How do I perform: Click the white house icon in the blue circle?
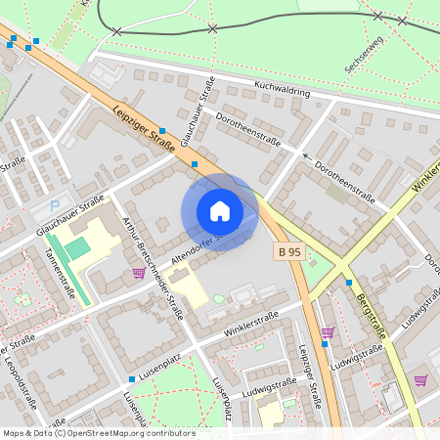tap(219, 211)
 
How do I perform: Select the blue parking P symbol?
tap(55, 206)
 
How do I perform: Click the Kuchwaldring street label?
tap(282, 91)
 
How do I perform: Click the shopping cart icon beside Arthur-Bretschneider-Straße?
tap(139, 273)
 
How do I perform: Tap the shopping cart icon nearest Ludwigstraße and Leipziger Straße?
tap(327, 332)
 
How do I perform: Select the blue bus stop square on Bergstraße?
tap(349, 283)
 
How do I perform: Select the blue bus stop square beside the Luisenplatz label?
tap(131, 378)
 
